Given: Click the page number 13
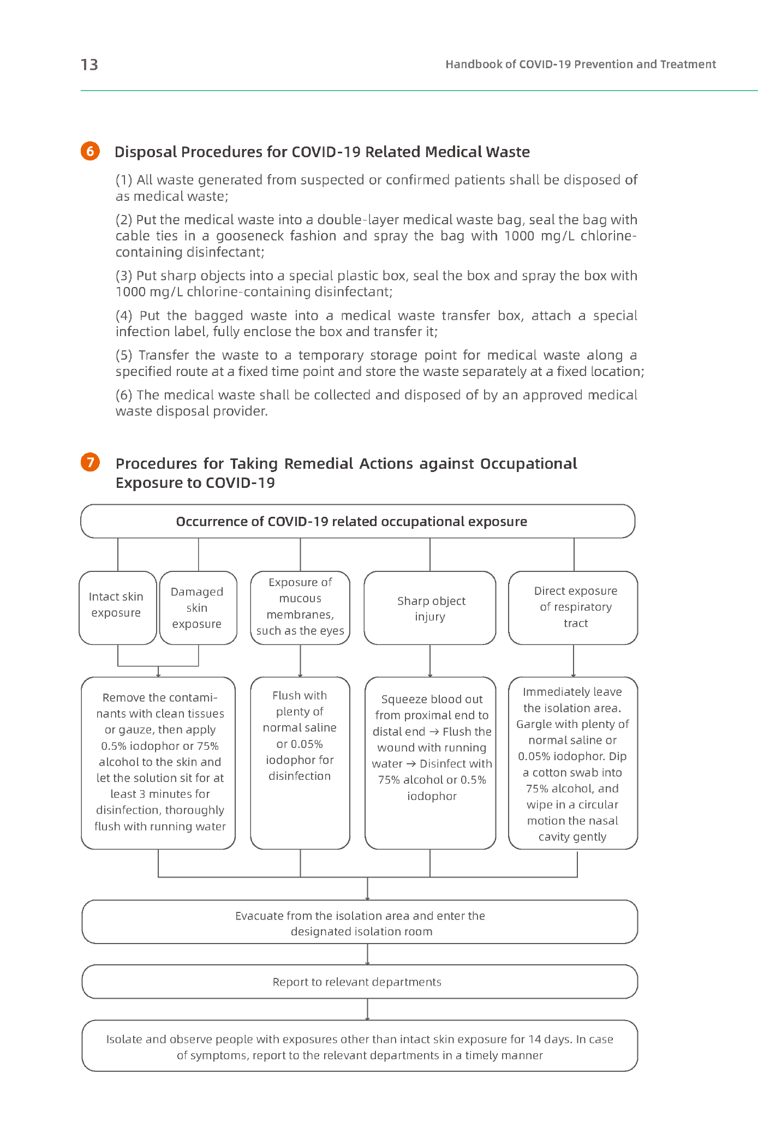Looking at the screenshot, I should point(89,65).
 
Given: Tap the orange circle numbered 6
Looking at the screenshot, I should point(90,151).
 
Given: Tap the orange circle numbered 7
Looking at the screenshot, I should point(91,462).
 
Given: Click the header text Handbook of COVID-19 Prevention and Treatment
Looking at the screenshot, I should point(580,64).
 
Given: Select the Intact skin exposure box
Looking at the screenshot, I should point(117,607).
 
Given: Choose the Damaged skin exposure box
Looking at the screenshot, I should point(198,607).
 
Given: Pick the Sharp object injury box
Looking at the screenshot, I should point(430,608).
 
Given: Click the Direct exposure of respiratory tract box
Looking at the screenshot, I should point(574,607).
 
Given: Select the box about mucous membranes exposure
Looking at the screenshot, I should point(300,607).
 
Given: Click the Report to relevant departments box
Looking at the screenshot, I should point(359,982).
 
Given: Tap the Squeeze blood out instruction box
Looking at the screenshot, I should point(431,763).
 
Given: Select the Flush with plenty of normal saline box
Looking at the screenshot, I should point(300,763).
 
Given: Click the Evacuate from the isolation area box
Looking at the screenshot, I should point(359,923).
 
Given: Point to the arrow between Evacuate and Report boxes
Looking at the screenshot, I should point(367,954).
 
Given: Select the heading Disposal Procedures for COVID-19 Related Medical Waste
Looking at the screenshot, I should point(322,152).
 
